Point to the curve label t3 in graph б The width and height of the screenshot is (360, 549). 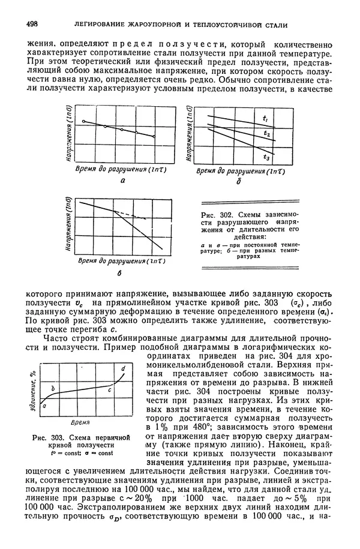pyautogui.click(x=265, y=157)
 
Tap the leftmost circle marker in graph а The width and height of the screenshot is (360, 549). pyautogui.click(x=83, y=121)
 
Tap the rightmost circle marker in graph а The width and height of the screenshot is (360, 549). pyautogui.click(x=155, y=137)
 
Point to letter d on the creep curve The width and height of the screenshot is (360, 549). pyautogui.click(x=124, y=367)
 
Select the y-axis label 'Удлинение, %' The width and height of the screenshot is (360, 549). pyautogui.click(x=34, y=395)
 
